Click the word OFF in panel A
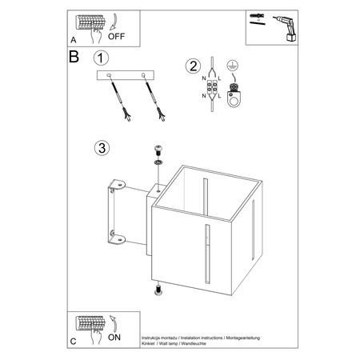tap(116, 36)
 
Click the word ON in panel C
tap(114, 338)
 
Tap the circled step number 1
tap(101, 58)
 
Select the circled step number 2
tap(193, 66)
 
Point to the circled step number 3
tap(102, 148)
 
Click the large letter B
tap(74, 56)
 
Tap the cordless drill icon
tap(286, 28)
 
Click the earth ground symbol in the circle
tap(233, 66)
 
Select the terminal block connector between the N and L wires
tap(212, 87)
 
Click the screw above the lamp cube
tap(158, 151)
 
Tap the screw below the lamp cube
tap(158, 290)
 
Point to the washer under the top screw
tap(158, 162)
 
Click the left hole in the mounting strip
tap(109, 75)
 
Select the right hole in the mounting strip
tap(143, 75)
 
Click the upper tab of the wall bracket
tap(117, 185)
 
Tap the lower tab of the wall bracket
tap(117, 238)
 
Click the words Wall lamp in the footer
tap(168, 343)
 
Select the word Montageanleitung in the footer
tap(242, 338)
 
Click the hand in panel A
tap(96, 34)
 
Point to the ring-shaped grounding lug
tap(234, 99)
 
